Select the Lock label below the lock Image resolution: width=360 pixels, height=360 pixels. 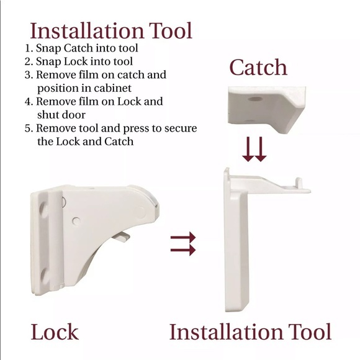(x=55, y=331)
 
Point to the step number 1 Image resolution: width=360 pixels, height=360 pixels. (x=27, y=47)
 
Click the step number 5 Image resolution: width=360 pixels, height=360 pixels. (x=27, y=128)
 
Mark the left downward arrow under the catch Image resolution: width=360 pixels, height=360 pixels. (x=248, y=150)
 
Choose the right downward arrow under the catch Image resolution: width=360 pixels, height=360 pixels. (x=261, y=150)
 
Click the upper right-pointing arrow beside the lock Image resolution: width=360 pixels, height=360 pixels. (x=183, y=237)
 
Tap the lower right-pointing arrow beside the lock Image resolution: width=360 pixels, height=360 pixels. (x=183, y=250)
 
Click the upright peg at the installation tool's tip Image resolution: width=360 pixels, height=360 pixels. (x=299, y=183)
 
